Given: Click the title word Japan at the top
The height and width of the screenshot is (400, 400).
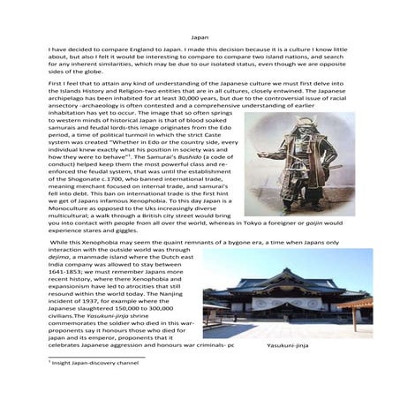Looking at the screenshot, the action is pyautogui.click(x=200, y=38).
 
